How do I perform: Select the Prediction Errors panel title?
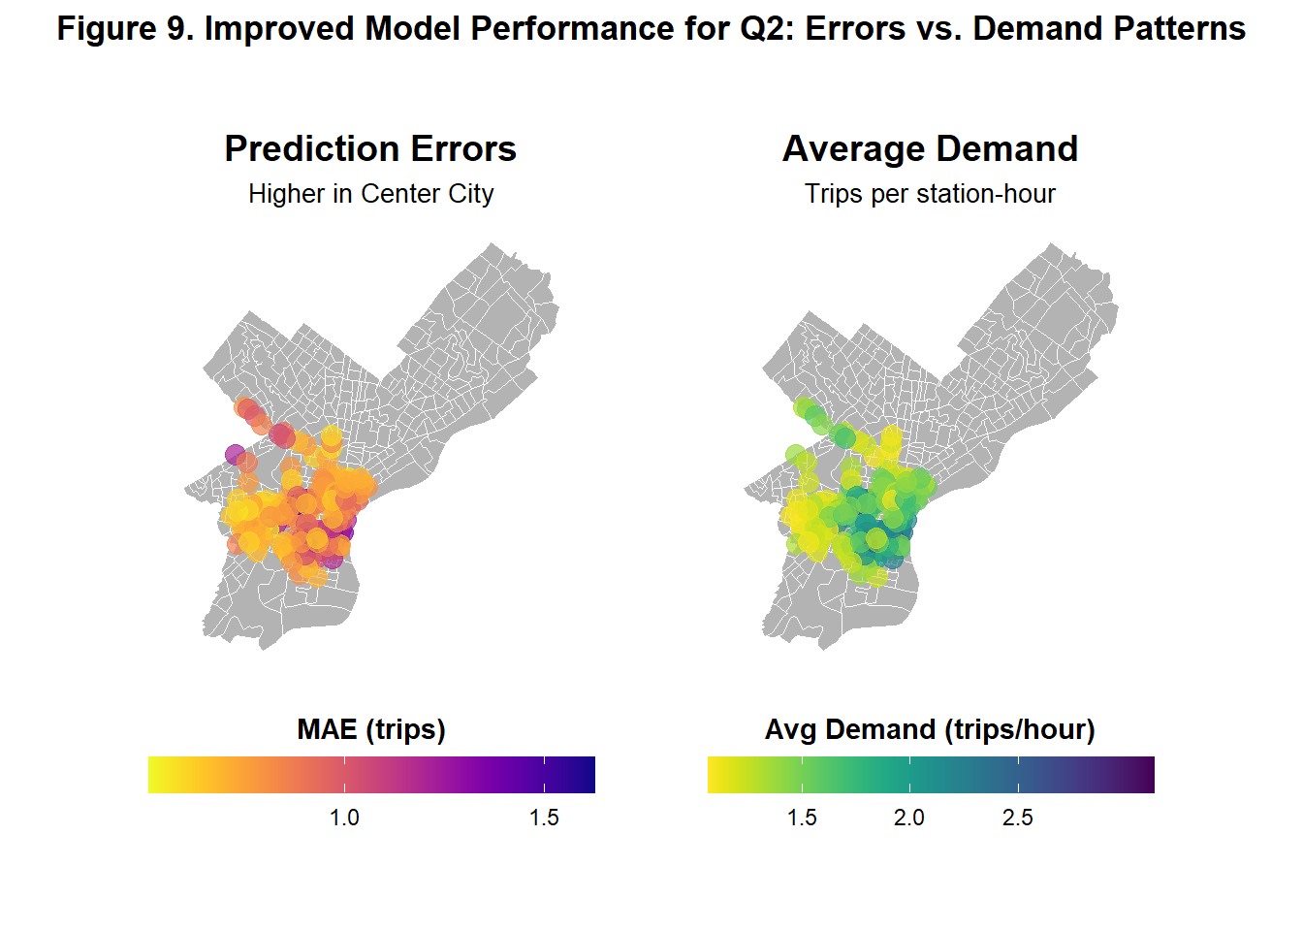370,149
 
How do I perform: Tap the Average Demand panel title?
930,149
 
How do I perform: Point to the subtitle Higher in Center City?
370,194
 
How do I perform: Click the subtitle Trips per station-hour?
930,194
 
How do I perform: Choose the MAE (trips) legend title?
371,729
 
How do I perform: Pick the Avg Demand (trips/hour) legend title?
930,729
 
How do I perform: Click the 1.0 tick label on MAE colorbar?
344,818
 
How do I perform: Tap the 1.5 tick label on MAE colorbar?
544,818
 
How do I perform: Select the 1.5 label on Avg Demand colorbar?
802,818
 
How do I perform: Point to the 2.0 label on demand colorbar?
909,818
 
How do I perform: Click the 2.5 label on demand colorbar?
1018,818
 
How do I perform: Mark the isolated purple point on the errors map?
235,454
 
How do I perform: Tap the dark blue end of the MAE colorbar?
588,775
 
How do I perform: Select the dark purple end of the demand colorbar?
1148,775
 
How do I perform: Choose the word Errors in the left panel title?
462,149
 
